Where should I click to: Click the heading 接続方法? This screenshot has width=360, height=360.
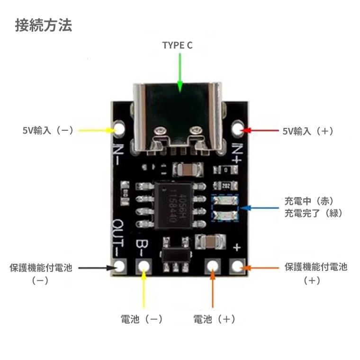[x=44, y=25]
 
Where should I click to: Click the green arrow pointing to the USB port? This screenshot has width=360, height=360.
[x=180, y=71]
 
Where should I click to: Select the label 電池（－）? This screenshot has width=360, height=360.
[x=142, y=319]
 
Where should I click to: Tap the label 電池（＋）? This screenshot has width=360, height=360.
[x=214, y=319]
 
